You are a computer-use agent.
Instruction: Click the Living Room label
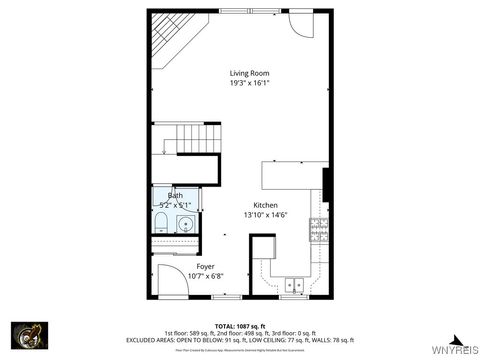click(249, 73)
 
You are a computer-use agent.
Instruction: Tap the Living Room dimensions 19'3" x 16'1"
click(249, 84)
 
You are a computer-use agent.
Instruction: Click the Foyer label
click(205, 266)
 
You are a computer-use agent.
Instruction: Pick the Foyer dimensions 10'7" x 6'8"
click(205, 276)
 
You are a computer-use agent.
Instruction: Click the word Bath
click(174, 196)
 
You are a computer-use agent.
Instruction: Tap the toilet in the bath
click(162, 222)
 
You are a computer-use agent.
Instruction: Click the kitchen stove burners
click(319, 230)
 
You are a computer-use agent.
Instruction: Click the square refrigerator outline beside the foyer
click(263, 248)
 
